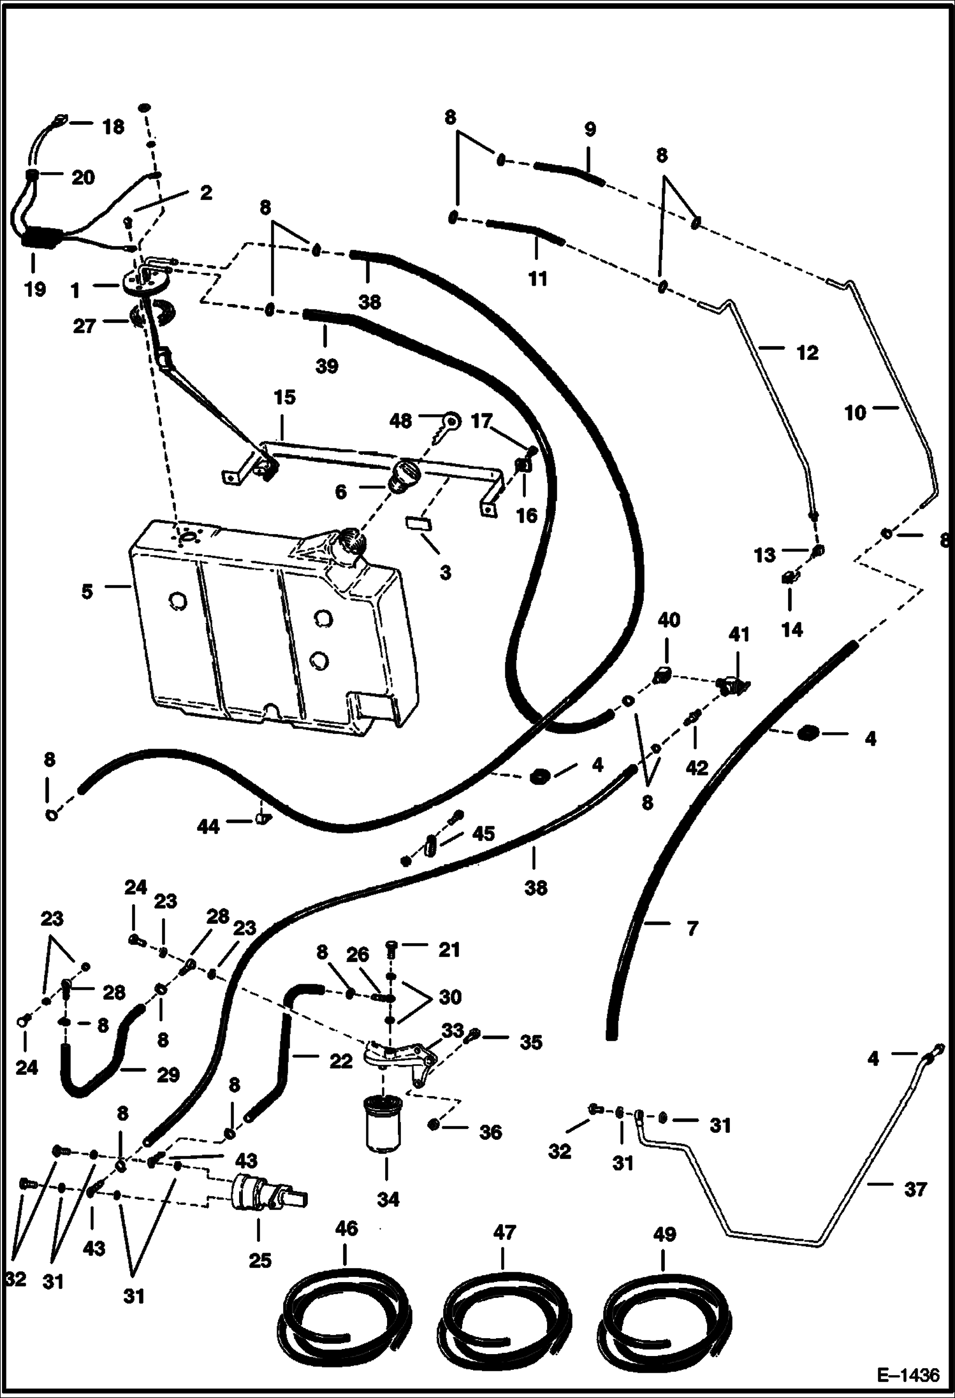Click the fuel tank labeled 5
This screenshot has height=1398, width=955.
[x=268, y=631]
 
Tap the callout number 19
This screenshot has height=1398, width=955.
[x=35, y=289]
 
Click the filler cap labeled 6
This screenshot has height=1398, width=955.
[x=405, y=475]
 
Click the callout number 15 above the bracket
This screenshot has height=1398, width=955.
[x=284, y=398]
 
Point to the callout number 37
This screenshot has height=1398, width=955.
[x=915, y=1190]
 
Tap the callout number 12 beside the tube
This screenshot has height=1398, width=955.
[x=807, y=352]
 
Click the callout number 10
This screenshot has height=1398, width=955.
[x=855, y=413]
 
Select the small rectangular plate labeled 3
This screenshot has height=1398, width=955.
[x=419, y=523]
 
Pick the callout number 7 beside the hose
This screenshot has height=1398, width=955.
[x=692, y=928]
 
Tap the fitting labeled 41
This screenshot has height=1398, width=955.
[x=733, y=685]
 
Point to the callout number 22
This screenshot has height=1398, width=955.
[x=341, y=1061]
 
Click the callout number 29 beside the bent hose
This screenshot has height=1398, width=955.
[x=168, y=1075]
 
